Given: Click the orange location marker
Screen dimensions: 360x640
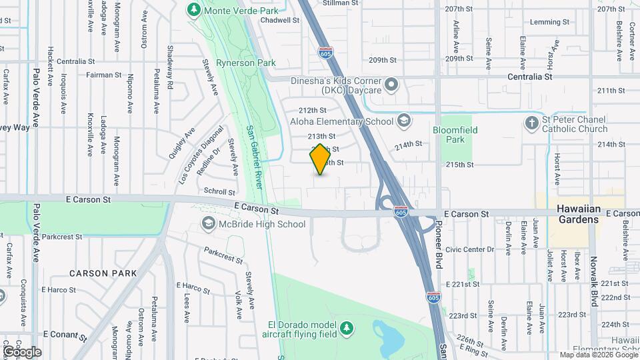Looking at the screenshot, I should (320, 159).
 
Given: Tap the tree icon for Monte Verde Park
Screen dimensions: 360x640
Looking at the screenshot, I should (194, 10).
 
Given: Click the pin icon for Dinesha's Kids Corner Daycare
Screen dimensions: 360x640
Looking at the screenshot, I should (392, 85).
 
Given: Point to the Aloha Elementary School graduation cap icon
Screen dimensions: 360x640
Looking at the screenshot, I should (403, 121).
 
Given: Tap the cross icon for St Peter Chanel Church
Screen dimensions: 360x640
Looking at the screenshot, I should (531, 123).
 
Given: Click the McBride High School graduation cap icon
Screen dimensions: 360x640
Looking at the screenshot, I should (208, 224).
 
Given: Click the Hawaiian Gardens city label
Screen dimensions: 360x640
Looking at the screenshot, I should (579, 215).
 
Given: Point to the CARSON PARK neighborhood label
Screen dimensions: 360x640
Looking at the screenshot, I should (103, 273).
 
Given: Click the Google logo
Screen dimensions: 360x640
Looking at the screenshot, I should (21, 351).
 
